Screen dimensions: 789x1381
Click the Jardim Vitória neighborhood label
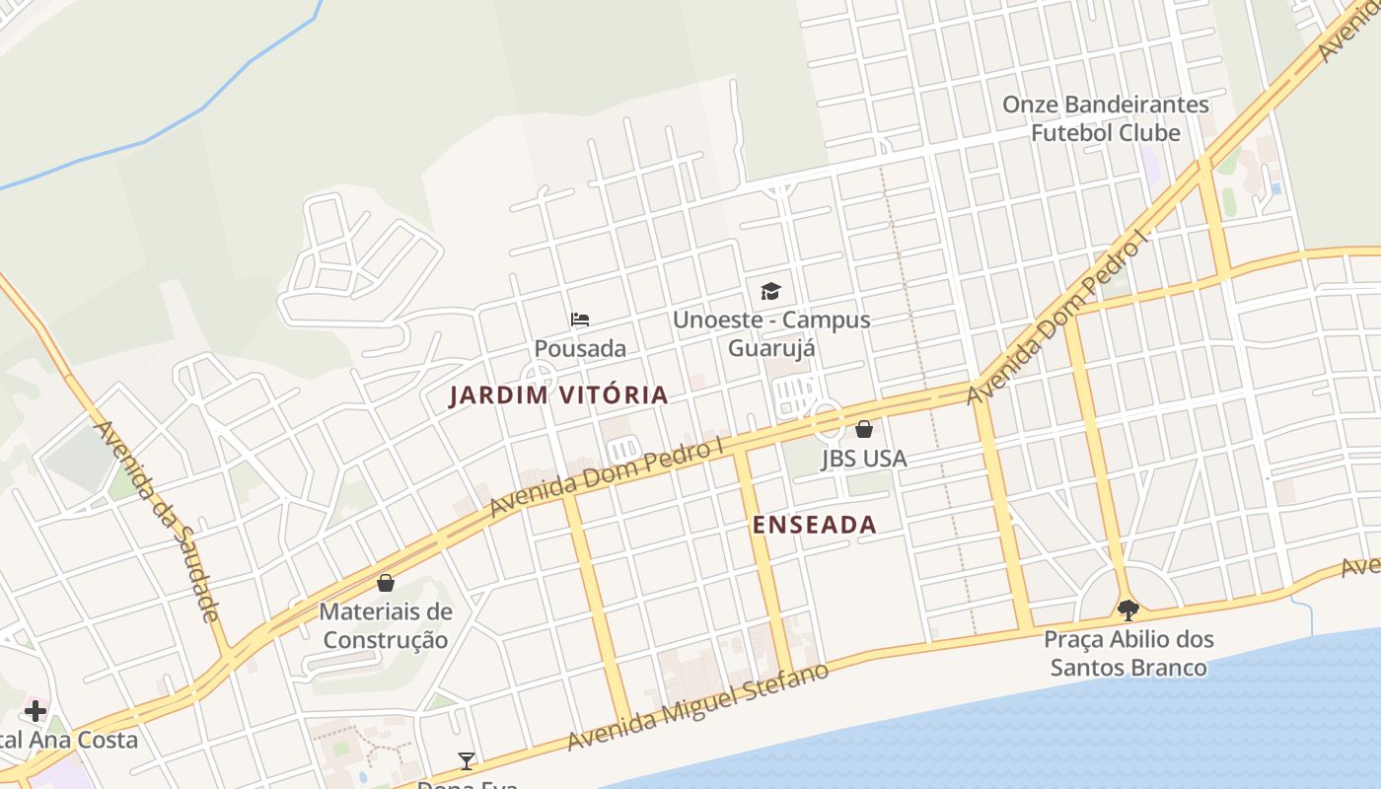pyautogui.click(x=558, y=395)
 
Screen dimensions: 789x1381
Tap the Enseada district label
pyautogui.click(x=815, y=525)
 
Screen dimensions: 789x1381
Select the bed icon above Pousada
pyautogui.click(x=580, y=320)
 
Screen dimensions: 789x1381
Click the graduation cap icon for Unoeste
pyautogui.click(x=770, y=291)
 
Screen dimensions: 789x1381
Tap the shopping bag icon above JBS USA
pyautogui.click(x=864, y=429)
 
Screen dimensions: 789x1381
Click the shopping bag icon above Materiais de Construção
pyautogui.click(x=386, y=583)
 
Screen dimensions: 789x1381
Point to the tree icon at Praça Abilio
pyautogui.click(x=1128, y=610)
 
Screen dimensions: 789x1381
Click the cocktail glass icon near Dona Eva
pyautogui.click(x=467, y=760)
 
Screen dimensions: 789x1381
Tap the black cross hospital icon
pyautogui.click(x=36, y=711)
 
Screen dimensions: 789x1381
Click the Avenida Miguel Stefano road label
pyautogui.click(x=696, y=707)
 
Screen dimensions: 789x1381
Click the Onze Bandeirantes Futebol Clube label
pyautogui.click(x=1106, y=118)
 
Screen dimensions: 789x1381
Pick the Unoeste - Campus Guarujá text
pyautogui.click(x=771, y=333)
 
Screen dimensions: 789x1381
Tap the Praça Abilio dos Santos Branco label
pyautogui.click(x=1128, y=653)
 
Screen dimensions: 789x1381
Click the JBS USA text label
pyautogui.click(x=864, y=459)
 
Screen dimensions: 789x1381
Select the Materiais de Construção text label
pyautogui.click(x=386, y=625)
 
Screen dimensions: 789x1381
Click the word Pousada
pyautogui.click(x=580, y=348)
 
